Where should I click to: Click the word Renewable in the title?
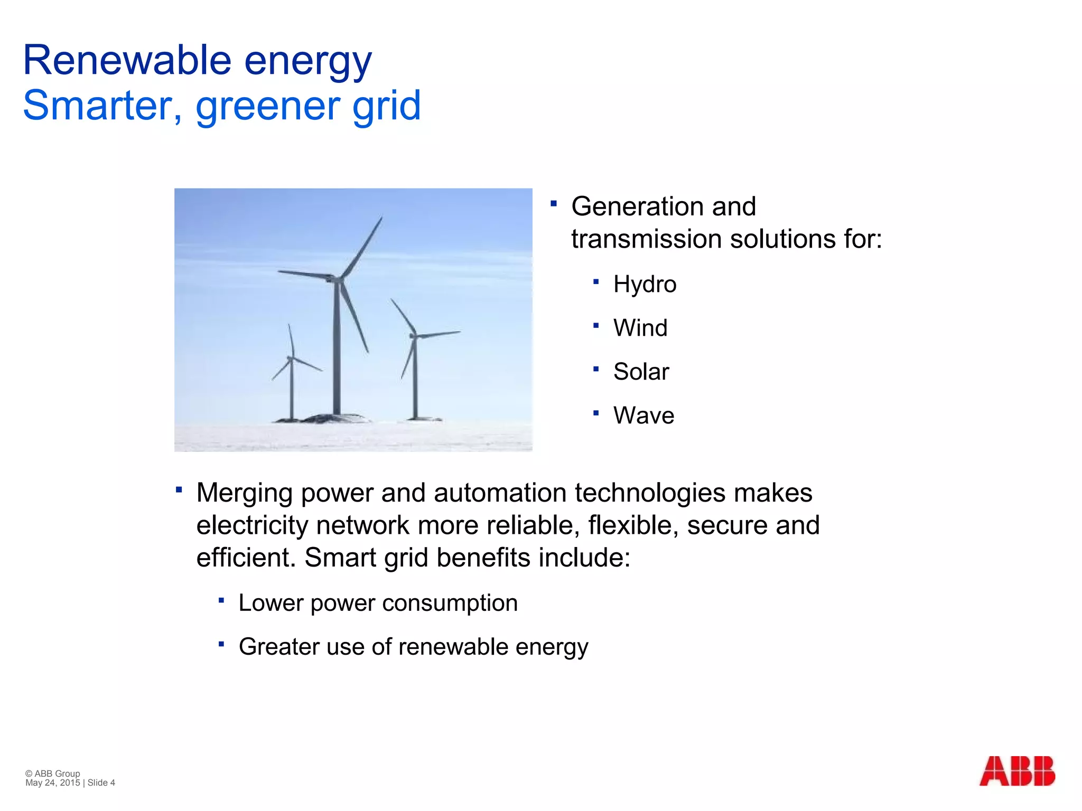click(127, 60)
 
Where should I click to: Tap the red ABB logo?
click(1017, 771)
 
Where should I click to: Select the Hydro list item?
click(645, 285)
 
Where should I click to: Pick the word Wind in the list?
click(640, 328)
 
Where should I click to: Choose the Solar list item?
click(641, 372)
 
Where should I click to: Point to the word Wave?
click(643, 416)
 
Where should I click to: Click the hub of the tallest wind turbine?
click(337, 278)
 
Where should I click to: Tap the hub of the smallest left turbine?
click(290, 358)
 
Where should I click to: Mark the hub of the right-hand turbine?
click(414, 335)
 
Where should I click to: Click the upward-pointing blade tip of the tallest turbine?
click(381, 218)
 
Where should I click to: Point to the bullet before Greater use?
click(221, 644)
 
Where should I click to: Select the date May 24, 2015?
click(52, 783)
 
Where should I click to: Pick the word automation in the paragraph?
click(500, 493)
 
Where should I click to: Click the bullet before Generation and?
click(553, 203)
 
